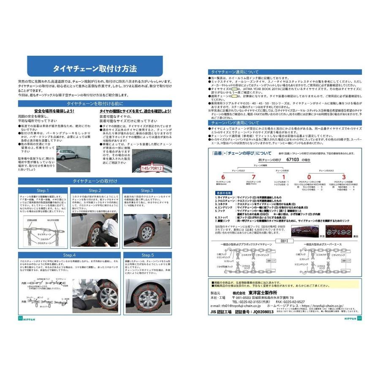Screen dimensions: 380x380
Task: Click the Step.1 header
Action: (x=43, y=190)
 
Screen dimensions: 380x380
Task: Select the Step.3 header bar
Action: (x=147, y=190)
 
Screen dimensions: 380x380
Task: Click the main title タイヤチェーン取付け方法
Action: (x=95, y=69)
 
